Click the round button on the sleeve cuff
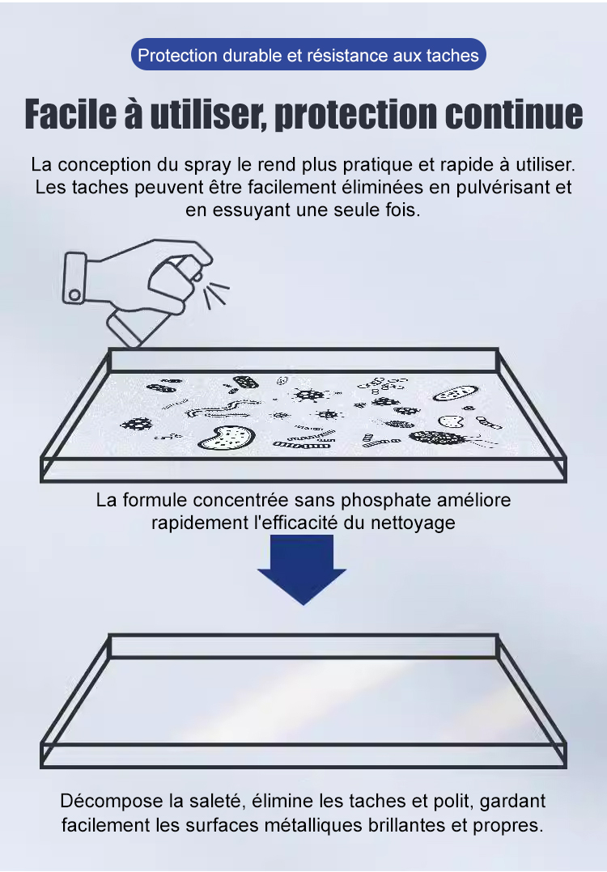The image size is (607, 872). coord(74,294)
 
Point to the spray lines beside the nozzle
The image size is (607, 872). coord(215,294)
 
